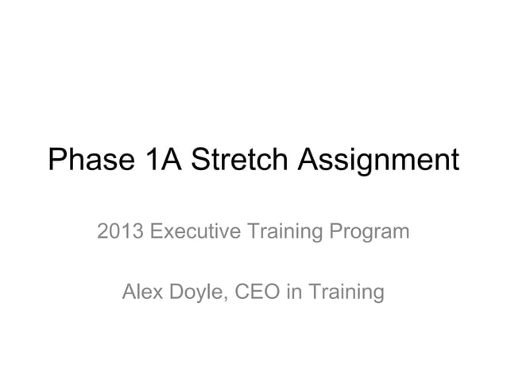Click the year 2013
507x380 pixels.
[120, 234]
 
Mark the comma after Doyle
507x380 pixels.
[230, 299]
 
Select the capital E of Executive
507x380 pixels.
[156, 234]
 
